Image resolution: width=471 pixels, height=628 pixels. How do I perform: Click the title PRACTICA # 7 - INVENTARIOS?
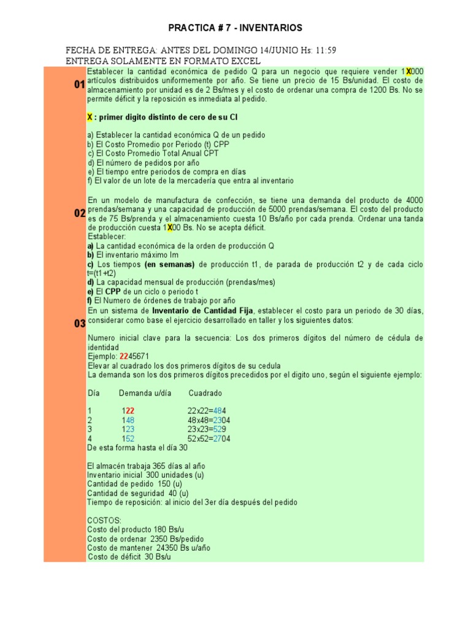coord(235,28)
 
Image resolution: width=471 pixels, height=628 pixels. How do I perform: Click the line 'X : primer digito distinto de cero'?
coord(162,117)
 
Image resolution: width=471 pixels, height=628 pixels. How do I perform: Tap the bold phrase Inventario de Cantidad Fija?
coord(202,310)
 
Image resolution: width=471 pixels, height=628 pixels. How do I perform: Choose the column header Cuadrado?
coord(205,392)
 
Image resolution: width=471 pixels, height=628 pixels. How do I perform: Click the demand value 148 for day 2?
coord(128,420)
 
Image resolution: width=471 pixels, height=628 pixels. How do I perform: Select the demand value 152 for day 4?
coord(128,438)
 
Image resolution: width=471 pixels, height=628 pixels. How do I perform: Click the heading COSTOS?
coord(104,520)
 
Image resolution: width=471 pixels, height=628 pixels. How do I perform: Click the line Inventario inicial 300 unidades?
coord(146,475)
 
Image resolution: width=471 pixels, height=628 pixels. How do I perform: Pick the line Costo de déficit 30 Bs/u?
coord(129,557)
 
